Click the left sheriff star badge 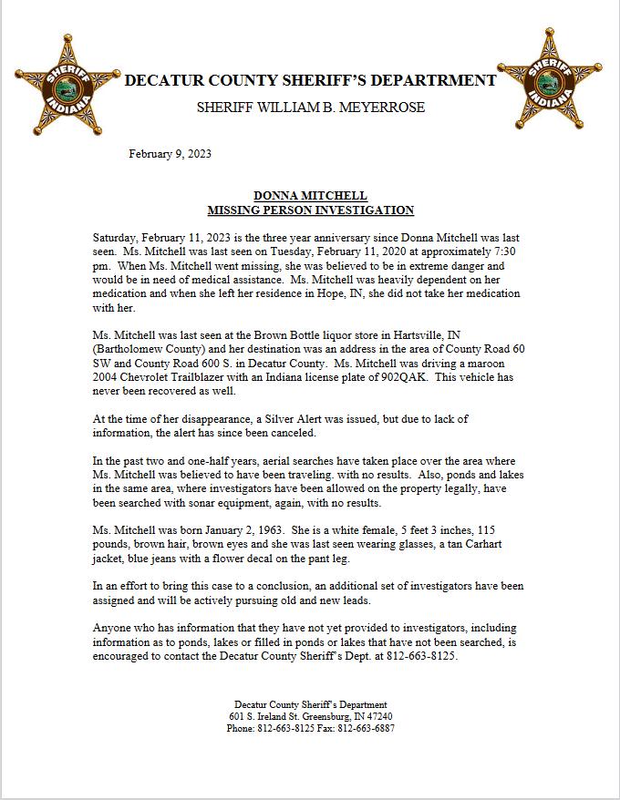[65, 85]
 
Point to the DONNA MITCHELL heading [310, 196]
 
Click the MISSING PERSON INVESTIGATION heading [310, 210]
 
